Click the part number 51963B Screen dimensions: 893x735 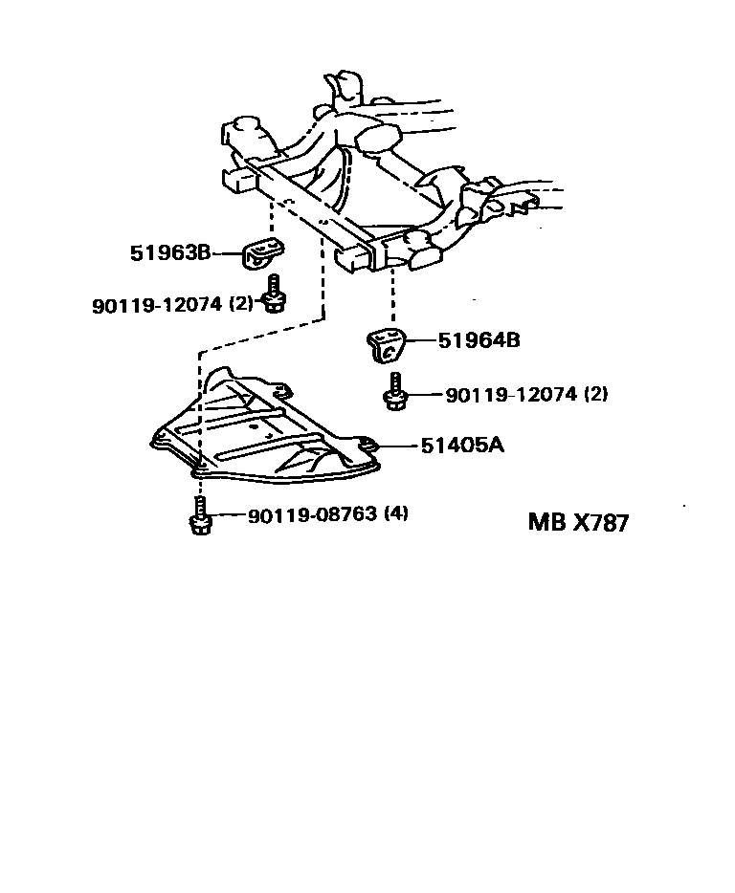pyautogui.click(x=170, y=253)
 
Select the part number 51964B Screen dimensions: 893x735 pyautogui.click(x=479, y=339)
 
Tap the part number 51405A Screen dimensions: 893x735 pyautogui.click(x=461, y=445)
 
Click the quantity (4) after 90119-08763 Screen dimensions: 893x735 pyautogui.click(x=396, y=514)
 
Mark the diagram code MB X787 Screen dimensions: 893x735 pyautogui.click(x=578, y=523)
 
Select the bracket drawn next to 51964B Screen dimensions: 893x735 pyautogui.click(x=386, y=344)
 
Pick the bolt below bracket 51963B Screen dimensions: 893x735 pyautogui.click(x=274, y=294)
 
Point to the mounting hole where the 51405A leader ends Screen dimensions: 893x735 pyautogui.click(x=371, y=444)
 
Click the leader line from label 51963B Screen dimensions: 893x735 pyautogui.click(x=226, y=253)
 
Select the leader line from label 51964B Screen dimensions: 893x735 pyautogui.click(x=422, y=339)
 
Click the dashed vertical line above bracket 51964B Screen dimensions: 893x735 pyautogui.click(x=390, y=296)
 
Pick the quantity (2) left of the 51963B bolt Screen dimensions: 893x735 pyautogui.click(x=241, y=304)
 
